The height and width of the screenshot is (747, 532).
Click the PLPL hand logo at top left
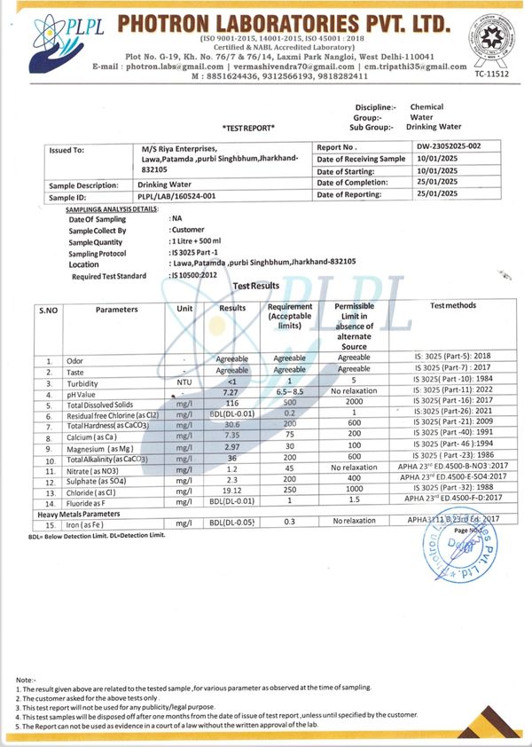(37, 39)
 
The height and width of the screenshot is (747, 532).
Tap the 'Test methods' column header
(452, 306)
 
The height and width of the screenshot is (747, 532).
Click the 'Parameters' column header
(117, 310)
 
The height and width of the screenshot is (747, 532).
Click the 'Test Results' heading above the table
(255, 286)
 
